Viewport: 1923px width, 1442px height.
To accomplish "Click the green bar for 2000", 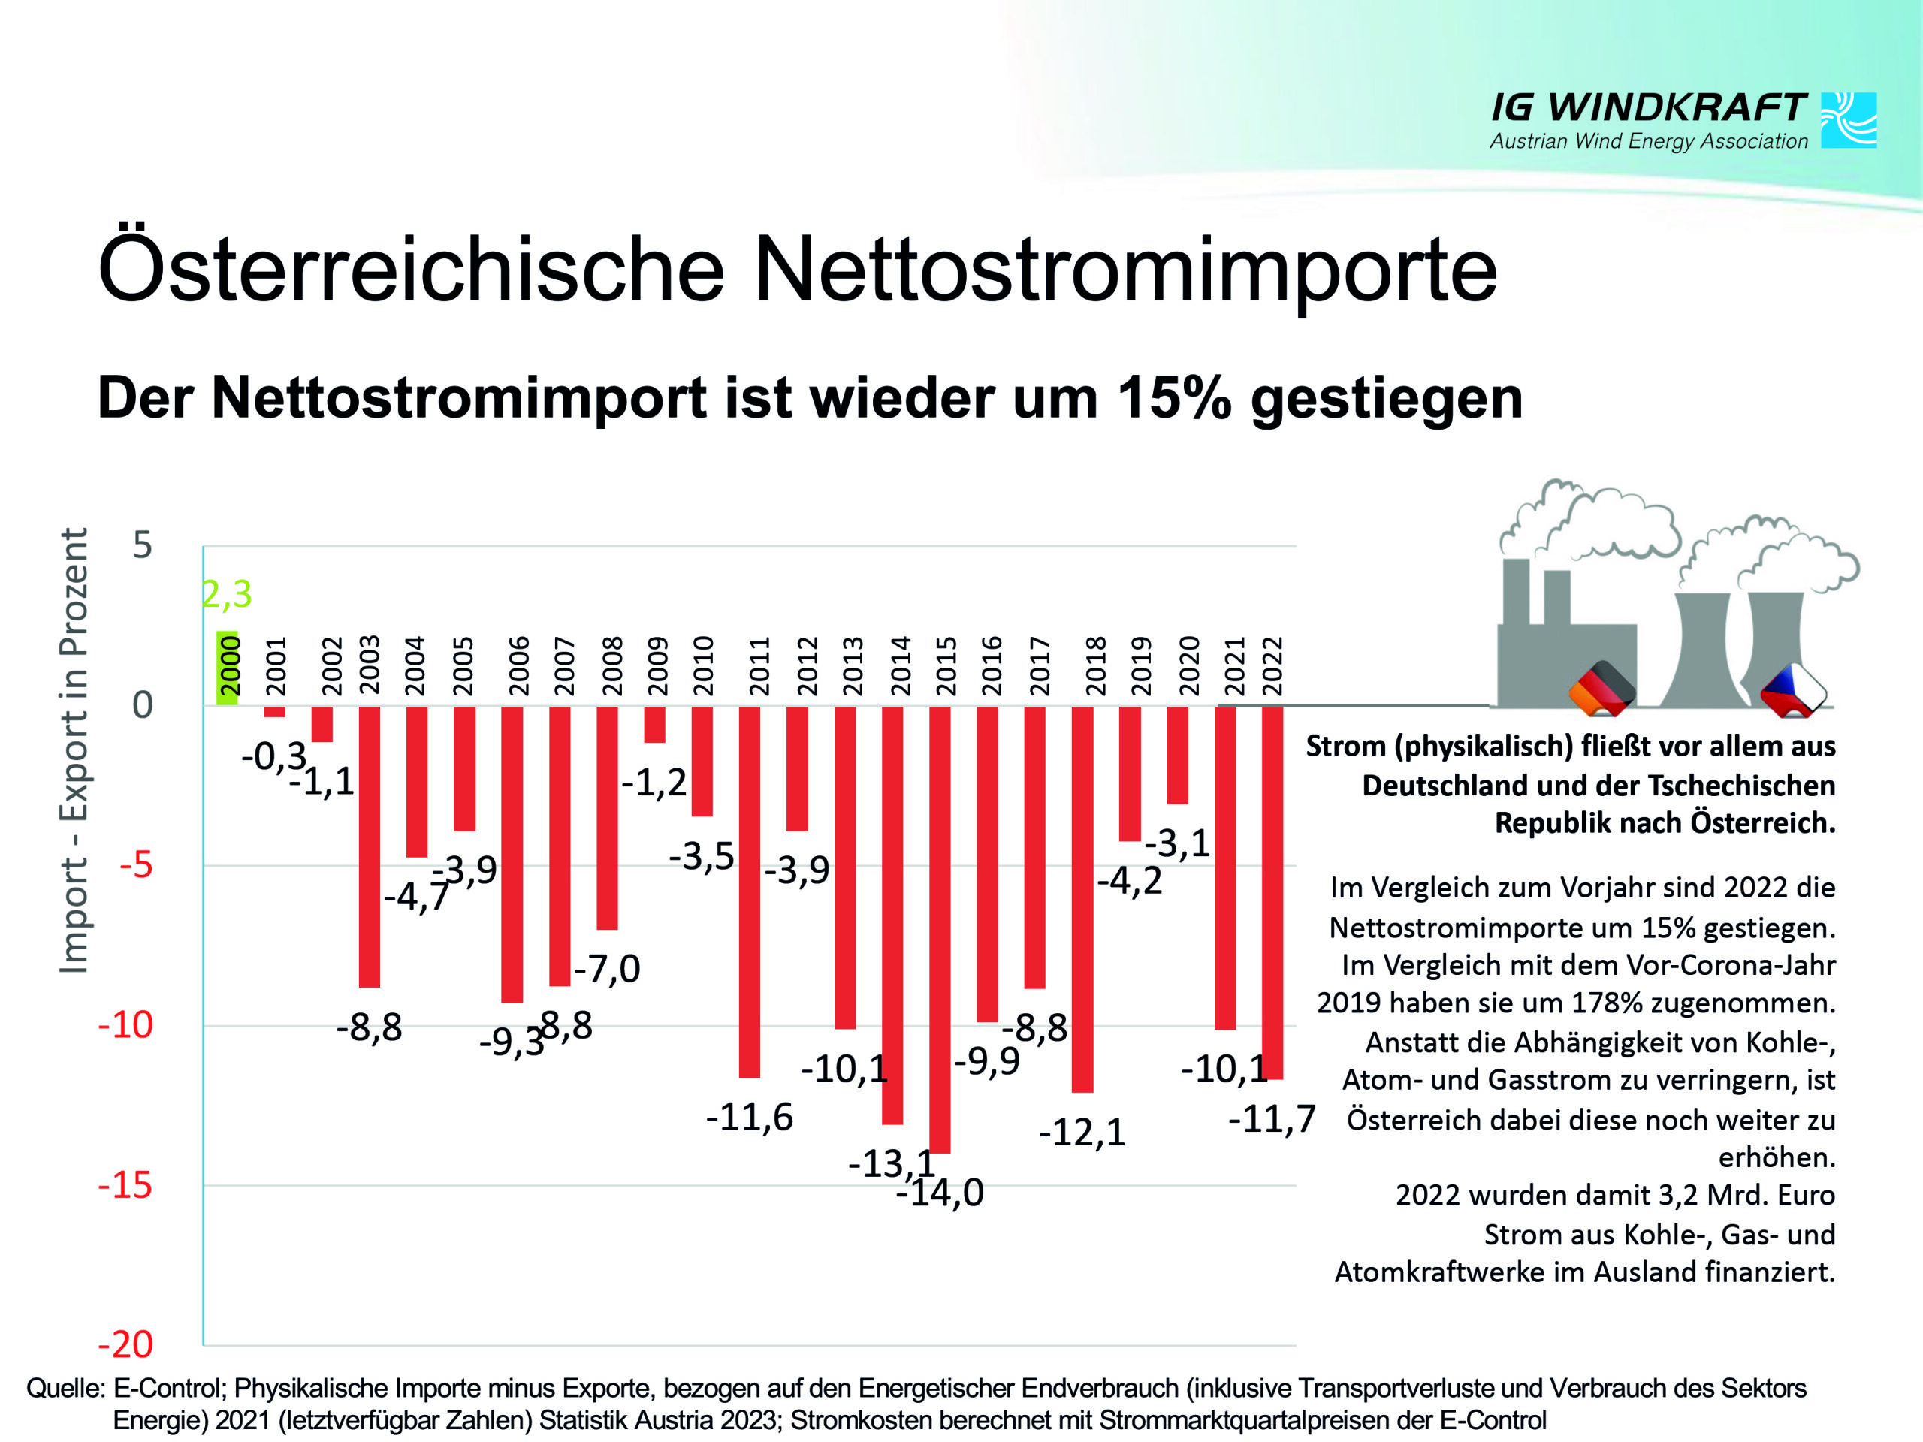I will (x=227, y=668).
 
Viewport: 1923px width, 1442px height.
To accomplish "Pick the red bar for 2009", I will (x=654, y=724).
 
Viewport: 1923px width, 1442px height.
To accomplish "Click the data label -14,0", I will (x=940, y=1193).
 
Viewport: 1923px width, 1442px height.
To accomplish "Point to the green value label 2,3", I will (x=227, y=595).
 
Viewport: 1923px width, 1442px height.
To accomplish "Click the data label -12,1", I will (x=1082, y=1132).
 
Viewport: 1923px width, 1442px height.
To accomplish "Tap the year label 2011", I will (x=760, y=667).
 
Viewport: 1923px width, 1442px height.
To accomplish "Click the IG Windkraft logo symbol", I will (x=1848, y=120).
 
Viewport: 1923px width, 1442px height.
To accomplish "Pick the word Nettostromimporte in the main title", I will (x=1126, y=270).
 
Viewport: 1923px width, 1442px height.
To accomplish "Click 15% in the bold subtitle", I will (x=1173, y=398).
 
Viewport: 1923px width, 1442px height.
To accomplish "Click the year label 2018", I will (x=1094, y=667).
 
